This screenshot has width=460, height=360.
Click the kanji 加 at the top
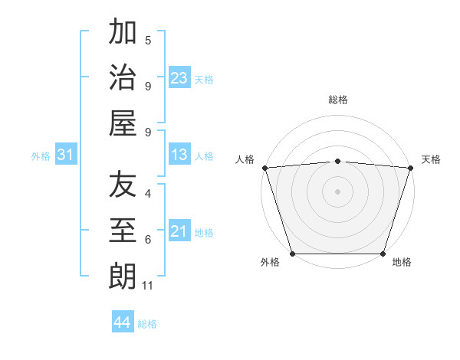coord(123,33)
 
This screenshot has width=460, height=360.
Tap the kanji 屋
coord(123,122)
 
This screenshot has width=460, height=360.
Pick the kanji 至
coord(123,230)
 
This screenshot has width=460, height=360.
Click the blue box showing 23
coord(179,78)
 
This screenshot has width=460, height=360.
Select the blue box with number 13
coord(179,155)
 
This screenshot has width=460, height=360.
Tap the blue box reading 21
coord(179,231)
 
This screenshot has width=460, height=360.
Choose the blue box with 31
coord(66,155)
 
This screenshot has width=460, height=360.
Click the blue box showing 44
coord(122,322)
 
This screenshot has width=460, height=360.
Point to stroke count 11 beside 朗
coord(148,286)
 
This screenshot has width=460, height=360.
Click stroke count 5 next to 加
coord(148,40)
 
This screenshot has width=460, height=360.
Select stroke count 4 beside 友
coord(148,193)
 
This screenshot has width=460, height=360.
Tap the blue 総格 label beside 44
coord(147,324)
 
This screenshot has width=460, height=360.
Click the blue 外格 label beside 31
coord(41,156)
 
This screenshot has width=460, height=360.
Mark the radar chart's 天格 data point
coord(411,168)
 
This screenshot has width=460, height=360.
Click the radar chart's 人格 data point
coord(264,168)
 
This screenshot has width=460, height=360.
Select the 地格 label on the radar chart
coord(402,262)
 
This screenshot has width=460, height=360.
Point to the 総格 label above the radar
coord(338,100)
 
